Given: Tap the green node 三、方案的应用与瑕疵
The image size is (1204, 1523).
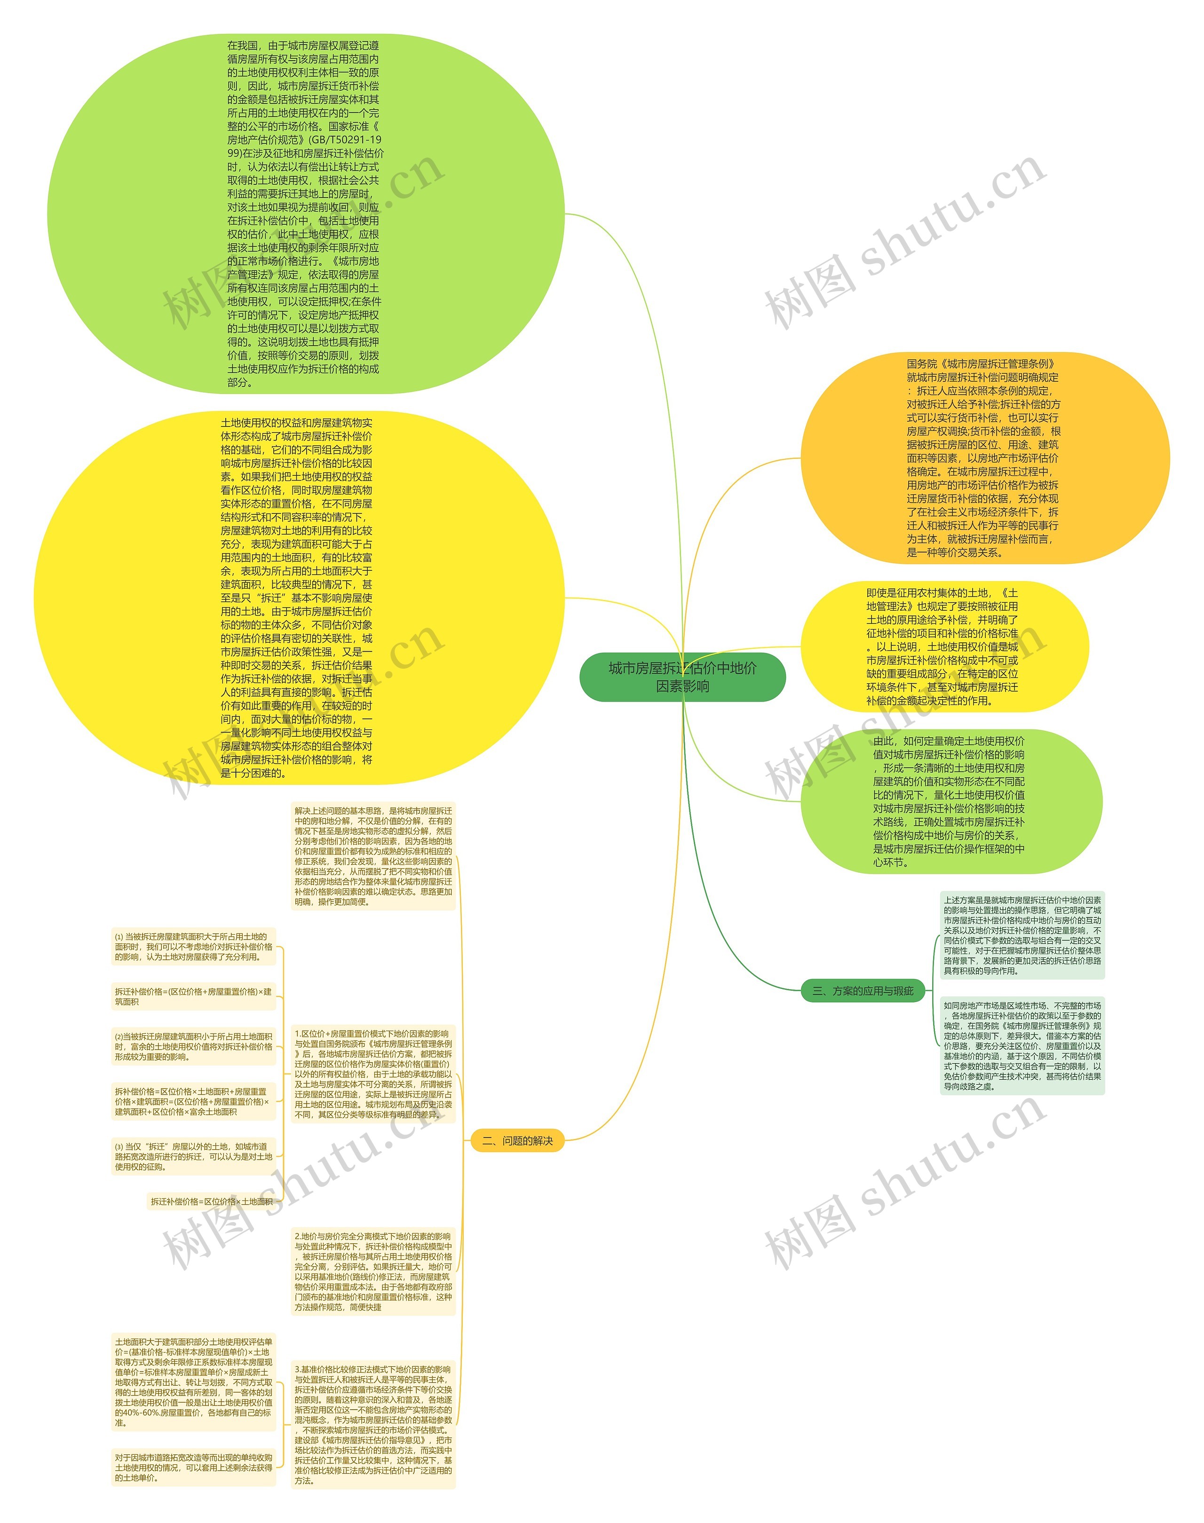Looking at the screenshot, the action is coord(863,990).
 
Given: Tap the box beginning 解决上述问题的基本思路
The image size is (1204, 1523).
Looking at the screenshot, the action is coord(373,856).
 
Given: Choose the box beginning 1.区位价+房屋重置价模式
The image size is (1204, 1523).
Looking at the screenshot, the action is coord(373,1074).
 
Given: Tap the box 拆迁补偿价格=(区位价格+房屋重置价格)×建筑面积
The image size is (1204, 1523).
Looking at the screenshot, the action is coord(193,996).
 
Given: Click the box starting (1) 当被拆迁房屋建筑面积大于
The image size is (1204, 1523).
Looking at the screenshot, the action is coord(193,947).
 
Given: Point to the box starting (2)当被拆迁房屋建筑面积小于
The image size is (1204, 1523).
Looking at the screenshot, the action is coord(193,1046).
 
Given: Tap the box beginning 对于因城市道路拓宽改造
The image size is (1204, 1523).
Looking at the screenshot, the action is coord(193,1468).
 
